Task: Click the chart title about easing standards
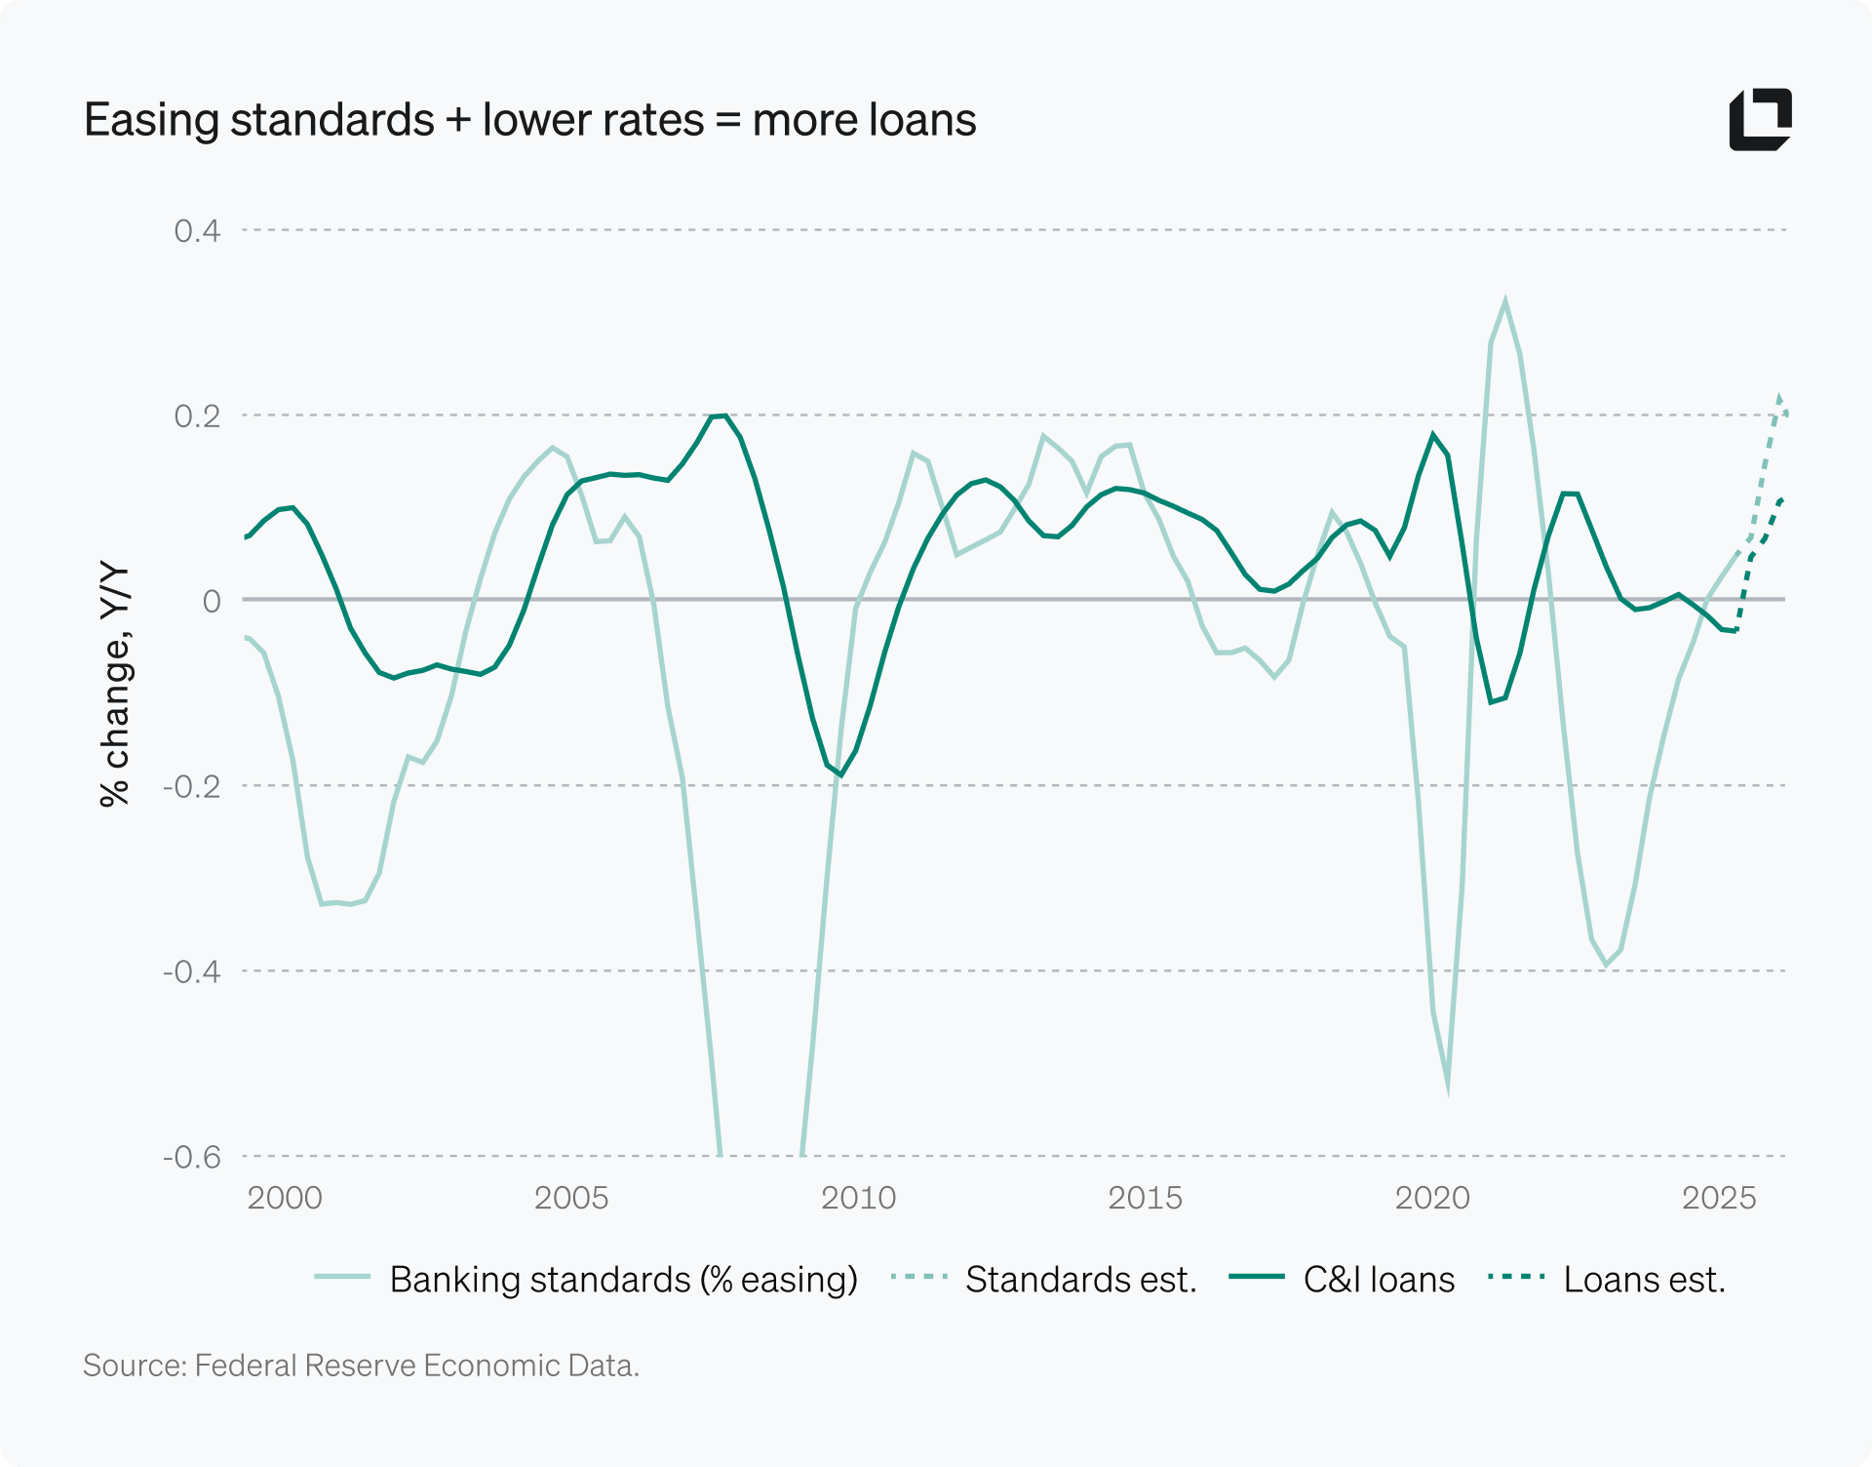coord(529,120)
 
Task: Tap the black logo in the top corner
coord(1760,120)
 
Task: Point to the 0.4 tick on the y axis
coord(197,231)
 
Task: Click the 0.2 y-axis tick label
coord(197,416)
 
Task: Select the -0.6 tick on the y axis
coord(192,1158)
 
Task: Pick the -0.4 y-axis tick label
coord(192,972)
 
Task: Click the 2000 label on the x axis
coord(284,1198)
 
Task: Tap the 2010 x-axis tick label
coord(858,1198)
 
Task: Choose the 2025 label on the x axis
coord(1719,1198)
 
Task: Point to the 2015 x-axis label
coord(1145,1198)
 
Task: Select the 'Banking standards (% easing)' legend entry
coord(586,1279)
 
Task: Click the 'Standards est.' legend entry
coord(1043,1279)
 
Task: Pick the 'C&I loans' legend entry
coord(1342,1279)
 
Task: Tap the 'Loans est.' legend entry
coord(1607,1279)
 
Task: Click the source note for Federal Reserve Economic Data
coord(361,1366)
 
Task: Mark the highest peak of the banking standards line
coord(1505,300)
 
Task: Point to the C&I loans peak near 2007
coord(720,416)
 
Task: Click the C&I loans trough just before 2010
coord(840,775)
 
